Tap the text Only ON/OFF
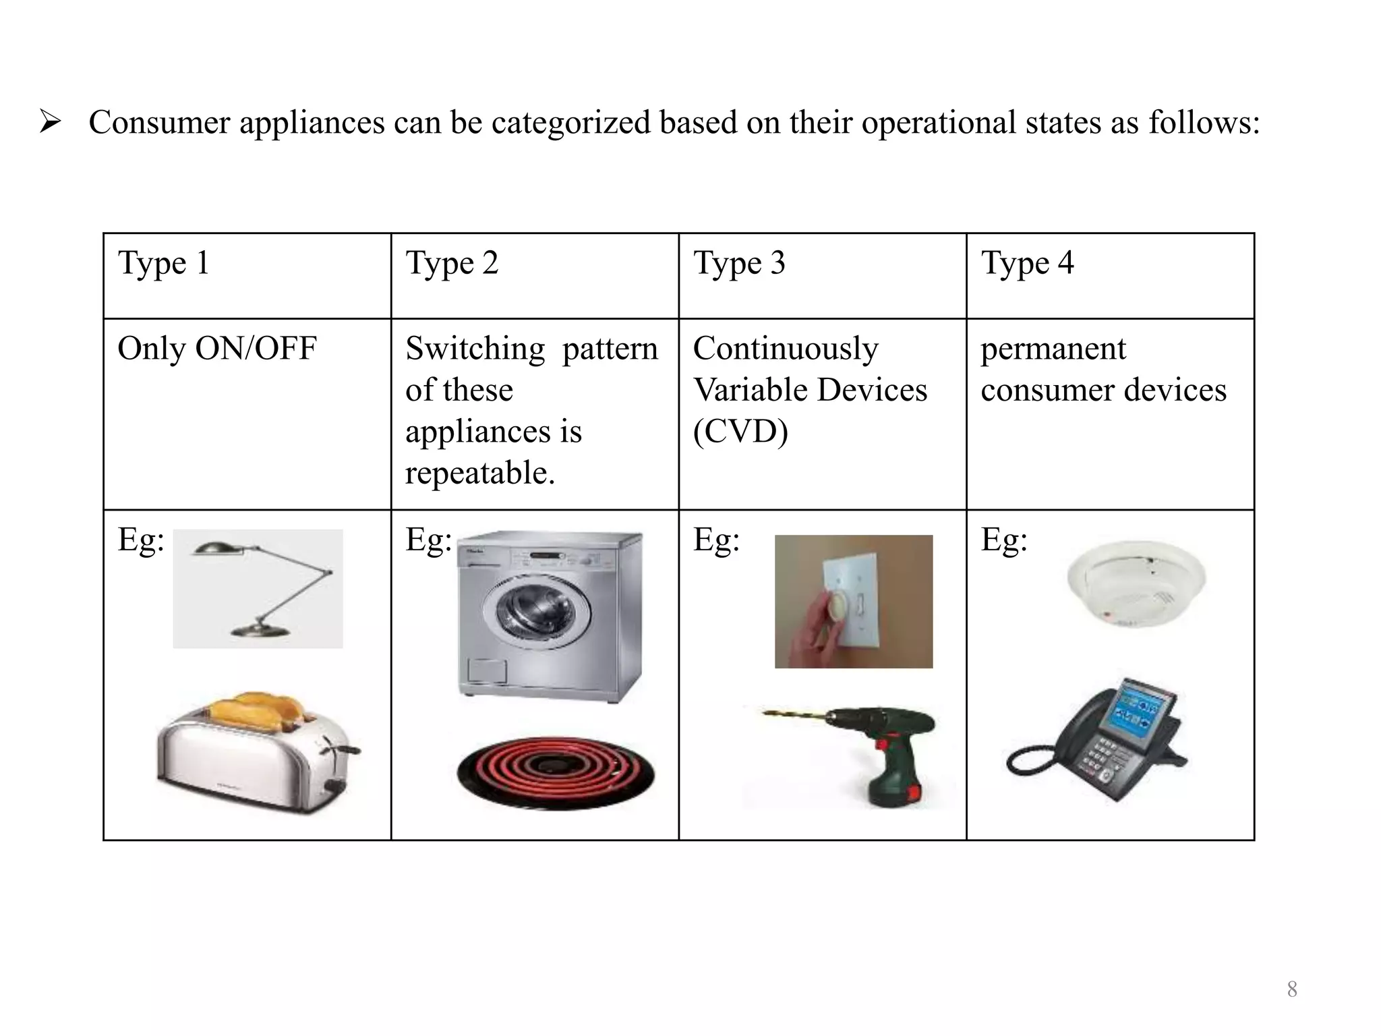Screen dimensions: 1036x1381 point(216,349)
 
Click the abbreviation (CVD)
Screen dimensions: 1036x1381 point(740,432)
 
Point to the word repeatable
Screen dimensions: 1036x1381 point(479,473)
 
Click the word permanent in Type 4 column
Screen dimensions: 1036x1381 point(1053,349)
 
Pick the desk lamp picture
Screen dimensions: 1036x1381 point(258,588)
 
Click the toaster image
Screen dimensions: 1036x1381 point(256,755)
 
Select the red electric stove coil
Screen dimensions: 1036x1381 point(556,771)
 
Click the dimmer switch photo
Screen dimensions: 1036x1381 point(853,601)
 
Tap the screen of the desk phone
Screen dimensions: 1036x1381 point(1135,715)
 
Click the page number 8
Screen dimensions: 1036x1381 point(1291,989)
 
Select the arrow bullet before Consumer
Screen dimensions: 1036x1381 point(51,123)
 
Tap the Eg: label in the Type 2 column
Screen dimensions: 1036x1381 point(428,540)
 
